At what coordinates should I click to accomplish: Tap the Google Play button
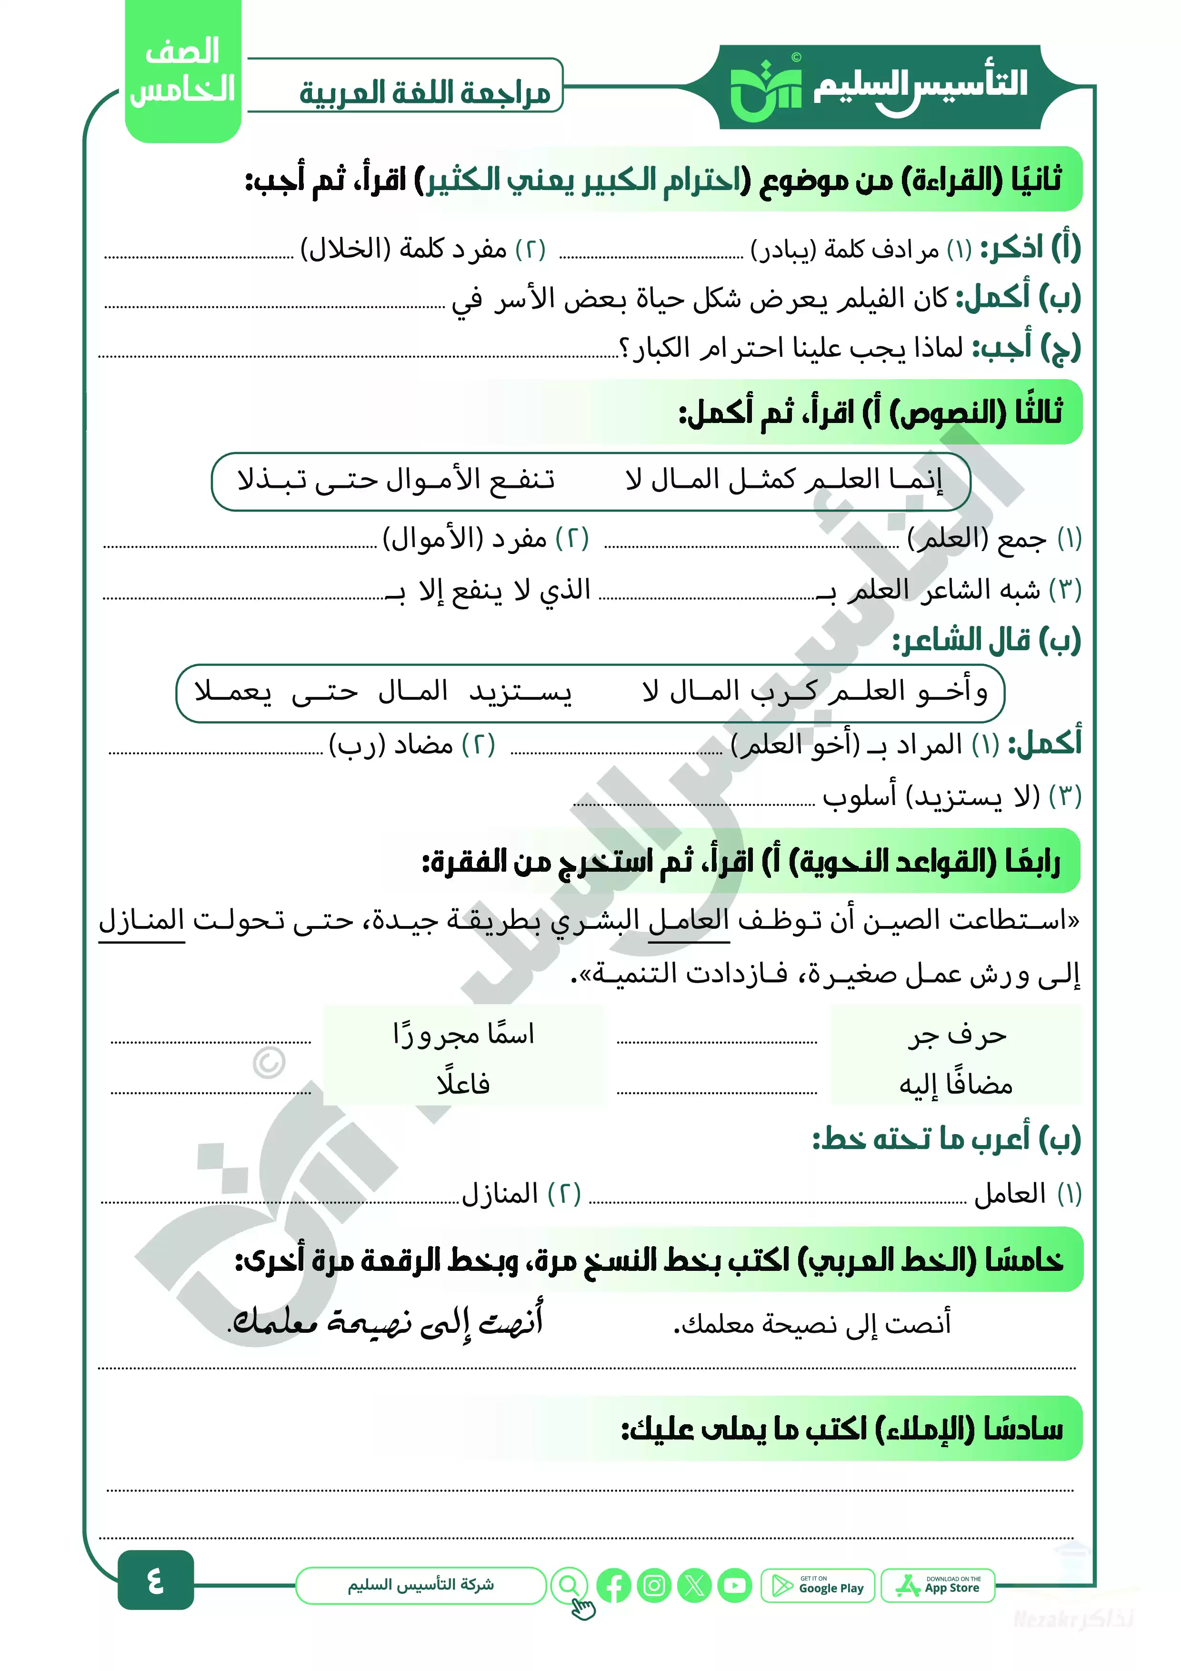click(818, 1585)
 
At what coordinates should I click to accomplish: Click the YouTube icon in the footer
click(735, 1585)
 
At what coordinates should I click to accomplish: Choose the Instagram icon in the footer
click(654, 1585)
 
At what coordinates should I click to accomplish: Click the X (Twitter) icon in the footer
click(694, 1585)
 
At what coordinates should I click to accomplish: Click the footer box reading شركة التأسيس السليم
click(420, 1585)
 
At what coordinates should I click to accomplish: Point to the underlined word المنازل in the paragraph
click(142, 921)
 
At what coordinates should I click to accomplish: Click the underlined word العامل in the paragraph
click(689, 921)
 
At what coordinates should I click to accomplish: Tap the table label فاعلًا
click(463, 1085)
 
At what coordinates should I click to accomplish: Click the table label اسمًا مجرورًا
click(463, 1034)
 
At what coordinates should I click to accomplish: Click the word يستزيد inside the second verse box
click(520, 692)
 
